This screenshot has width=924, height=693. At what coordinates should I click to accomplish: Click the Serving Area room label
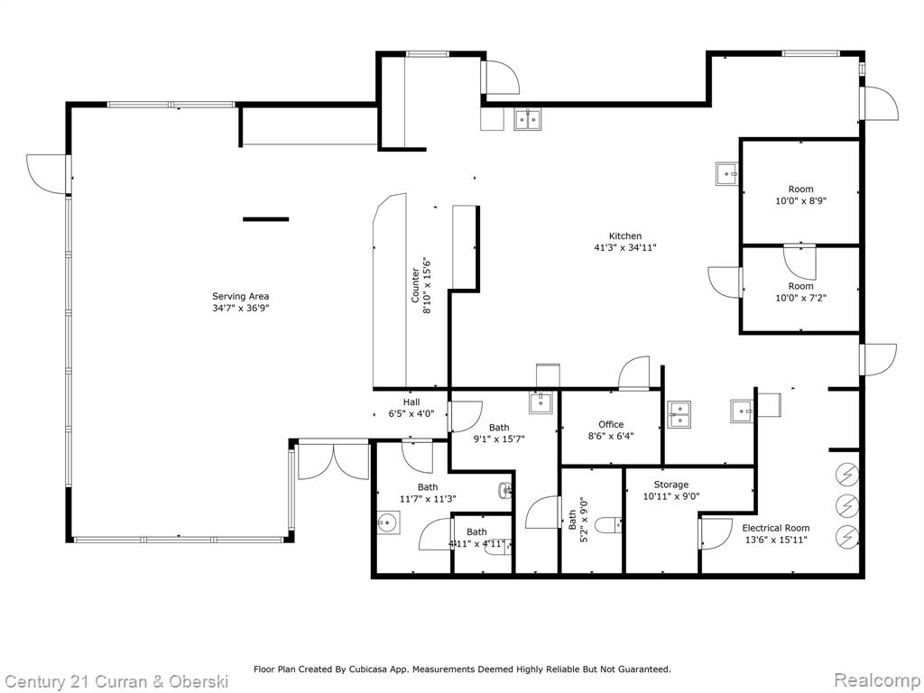tap(240, 296)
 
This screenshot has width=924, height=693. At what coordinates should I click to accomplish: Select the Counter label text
tap(416, 285)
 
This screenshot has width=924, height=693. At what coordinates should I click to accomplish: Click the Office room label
tap(611, 424)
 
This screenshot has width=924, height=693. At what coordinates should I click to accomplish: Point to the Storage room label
tap(671, 485)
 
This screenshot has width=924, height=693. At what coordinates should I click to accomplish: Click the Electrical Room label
tap(775, 528)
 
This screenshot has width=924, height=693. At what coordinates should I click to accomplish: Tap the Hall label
tap(411, 402)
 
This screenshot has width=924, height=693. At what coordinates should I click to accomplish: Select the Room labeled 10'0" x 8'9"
tap(800, 196)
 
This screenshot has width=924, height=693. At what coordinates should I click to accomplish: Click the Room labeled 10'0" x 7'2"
tap(800, 291)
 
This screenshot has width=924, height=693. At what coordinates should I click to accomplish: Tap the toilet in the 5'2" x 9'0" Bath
tap(607, 522)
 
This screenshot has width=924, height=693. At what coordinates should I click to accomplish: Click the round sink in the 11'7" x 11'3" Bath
tap(388, 522)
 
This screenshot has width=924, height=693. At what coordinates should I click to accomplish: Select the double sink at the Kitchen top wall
tap(527, 118)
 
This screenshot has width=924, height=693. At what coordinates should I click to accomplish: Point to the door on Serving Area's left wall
tap(47, 172)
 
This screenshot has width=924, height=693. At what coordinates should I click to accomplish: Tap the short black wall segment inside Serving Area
tap(265, 218)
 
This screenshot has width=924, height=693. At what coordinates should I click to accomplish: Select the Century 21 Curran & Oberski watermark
tap(115, 679)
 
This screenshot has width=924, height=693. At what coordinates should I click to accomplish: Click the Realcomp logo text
tap(876, 679)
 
